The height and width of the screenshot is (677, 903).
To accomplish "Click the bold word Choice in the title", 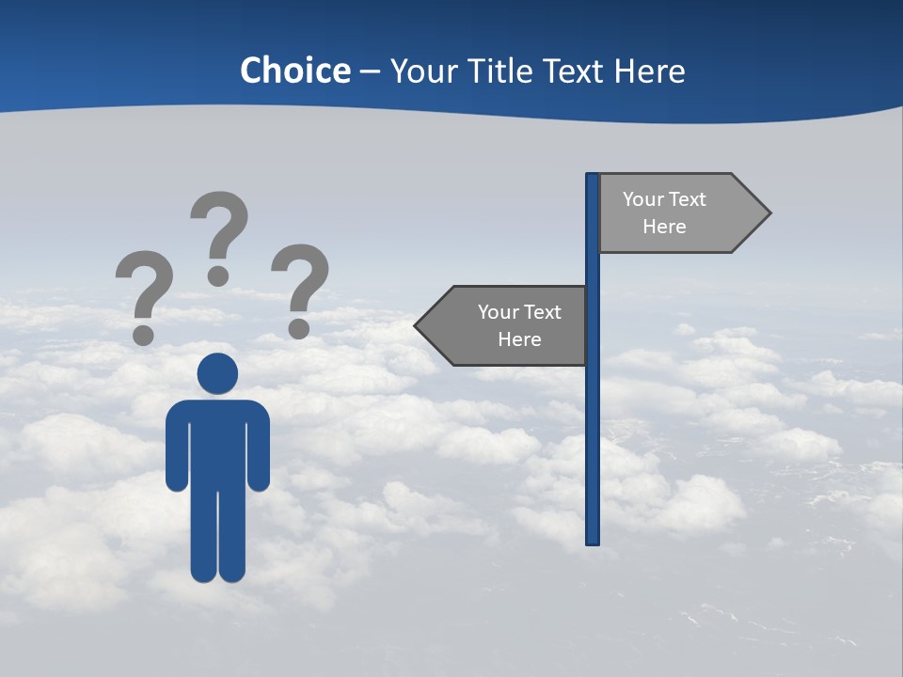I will [x=294, y=71].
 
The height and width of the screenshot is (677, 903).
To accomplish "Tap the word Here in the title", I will [x=649, y=71].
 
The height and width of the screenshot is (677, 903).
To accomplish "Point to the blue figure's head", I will [x=217, y=373].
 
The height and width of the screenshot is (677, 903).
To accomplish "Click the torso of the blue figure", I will [x=217, y=442].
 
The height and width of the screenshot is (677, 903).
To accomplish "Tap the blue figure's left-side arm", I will [x=176, y=447].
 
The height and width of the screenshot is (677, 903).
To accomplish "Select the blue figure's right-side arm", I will [x=260, y=447].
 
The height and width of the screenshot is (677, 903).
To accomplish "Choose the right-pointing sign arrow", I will [x=677, y=213].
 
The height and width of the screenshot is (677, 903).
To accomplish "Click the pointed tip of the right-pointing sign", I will [x=768, y=213].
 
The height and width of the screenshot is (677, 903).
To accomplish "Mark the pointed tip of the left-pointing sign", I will [x=418, y=326].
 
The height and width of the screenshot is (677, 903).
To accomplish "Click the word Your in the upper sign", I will [x=643, y=199].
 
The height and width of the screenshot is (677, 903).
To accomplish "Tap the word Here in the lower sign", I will [x=519, y=339].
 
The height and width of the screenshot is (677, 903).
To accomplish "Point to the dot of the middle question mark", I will [x=218, y=275].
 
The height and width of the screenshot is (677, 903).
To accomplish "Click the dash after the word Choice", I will [x=370, y=72].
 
